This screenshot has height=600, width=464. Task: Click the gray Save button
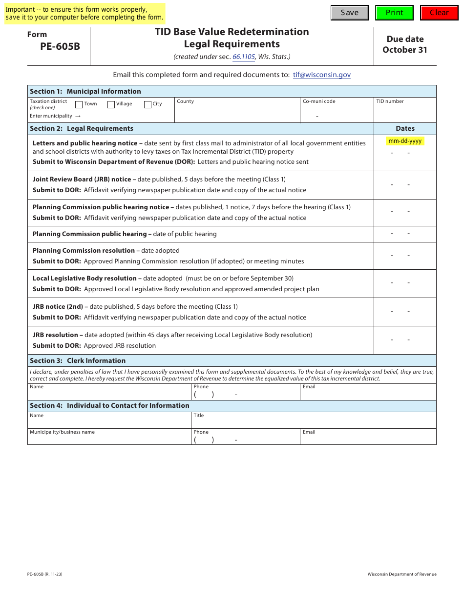pos(349,13)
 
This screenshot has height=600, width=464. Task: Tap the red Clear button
pos(439,13)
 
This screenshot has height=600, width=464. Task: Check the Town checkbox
pos(79,104)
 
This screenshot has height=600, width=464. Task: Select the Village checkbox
pos(111,104)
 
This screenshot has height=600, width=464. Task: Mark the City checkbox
pos(148,104)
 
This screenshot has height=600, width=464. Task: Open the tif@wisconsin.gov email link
pos(322,75)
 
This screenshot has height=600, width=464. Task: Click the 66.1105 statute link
pos(244,57)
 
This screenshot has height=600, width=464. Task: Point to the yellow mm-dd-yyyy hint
pos(405,141)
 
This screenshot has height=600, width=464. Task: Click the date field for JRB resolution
pos(405,340)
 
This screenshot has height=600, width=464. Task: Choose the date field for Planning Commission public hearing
pos(405,234)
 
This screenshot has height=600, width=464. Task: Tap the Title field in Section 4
pos(314,422)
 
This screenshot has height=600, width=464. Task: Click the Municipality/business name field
pos(109,439)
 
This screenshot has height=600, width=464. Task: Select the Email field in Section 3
pos(368,394)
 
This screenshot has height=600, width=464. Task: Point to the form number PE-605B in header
pos(60,47)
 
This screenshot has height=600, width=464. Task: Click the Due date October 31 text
pos(405,44)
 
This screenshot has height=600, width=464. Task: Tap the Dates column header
pos(405,128)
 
